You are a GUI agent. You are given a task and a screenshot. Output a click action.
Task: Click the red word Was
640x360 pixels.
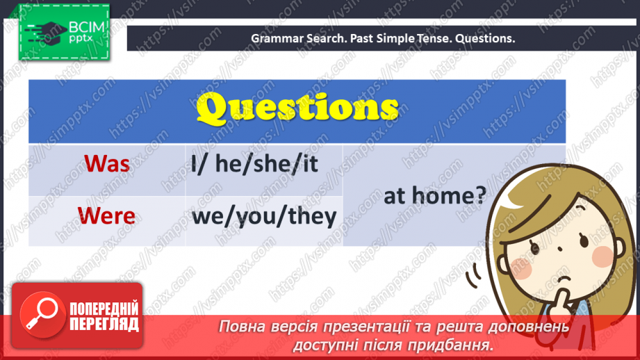point(107,164)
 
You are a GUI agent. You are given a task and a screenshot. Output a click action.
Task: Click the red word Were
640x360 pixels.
point(106,215)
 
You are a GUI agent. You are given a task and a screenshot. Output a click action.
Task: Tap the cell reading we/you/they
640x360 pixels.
point(264,216)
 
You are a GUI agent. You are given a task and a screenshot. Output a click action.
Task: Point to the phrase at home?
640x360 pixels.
point(435,195)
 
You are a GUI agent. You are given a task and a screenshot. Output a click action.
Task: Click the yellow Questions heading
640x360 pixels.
point(297,109)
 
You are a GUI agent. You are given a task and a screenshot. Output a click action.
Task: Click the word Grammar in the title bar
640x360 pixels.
point(274,38)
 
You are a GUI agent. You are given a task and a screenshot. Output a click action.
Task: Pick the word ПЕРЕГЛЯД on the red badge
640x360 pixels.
point(104,324)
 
